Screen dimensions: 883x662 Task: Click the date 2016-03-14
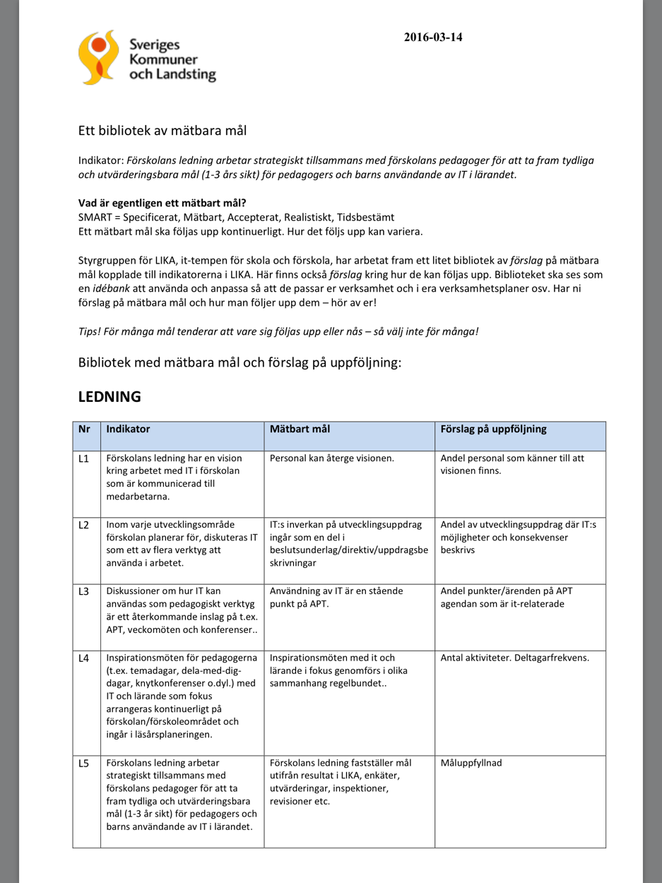tap(433, 37)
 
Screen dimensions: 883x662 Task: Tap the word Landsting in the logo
tap(184, 74)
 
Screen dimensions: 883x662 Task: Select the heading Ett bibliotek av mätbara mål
tap(162, 131)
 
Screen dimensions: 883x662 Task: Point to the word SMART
tap(94, 217)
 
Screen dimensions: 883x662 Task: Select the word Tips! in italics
tap(90, 331)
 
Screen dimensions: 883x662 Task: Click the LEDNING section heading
tap(110, 396)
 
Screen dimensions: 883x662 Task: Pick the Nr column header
tap(85, 429)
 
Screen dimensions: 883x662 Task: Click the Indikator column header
tap(128, 429)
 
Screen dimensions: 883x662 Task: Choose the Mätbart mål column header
tap(300, 429)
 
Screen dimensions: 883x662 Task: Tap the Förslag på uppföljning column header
tap(493, 429)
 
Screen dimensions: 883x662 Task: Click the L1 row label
tap(84, 458)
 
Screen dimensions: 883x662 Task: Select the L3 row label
tap(84, 591)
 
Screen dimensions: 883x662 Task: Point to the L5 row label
tap(84, 763)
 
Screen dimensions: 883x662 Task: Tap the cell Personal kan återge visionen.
tap(332, 458)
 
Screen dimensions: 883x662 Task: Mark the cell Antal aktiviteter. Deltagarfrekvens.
tap(515, 658)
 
